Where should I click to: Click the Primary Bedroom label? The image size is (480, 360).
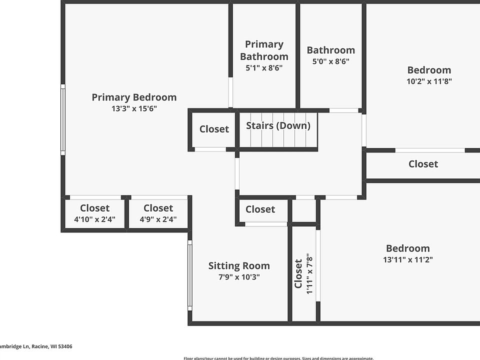point(134,97)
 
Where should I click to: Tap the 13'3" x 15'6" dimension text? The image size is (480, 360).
point(134,108)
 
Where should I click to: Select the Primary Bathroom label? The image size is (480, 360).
point(264,50)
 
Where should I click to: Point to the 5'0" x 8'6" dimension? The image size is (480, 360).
point(330,61)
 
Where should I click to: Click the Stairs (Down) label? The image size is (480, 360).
point(278,125)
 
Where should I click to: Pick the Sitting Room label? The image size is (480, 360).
point(239,265)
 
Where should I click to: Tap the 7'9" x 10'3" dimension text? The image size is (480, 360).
point(239,277)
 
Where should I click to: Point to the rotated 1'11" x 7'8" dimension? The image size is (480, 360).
point(309,274)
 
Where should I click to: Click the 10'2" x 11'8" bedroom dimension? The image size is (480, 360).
point(429,81)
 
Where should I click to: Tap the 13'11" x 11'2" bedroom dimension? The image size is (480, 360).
point(407,259)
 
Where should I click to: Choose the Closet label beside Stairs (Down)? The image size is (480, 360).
point(214,129)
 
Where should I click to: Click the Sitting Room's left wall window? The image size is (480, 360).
point(190,274)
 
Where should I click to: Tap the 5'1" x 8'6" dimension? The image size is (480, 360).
point(264,67)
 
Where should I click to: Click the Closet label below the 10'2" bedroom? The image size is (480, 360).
point(423,164)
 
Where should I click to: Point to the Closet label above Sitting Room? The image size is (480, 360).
point(260,209)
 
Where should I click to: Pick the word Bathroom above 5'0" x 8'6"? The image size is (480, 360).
point(330,50)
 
